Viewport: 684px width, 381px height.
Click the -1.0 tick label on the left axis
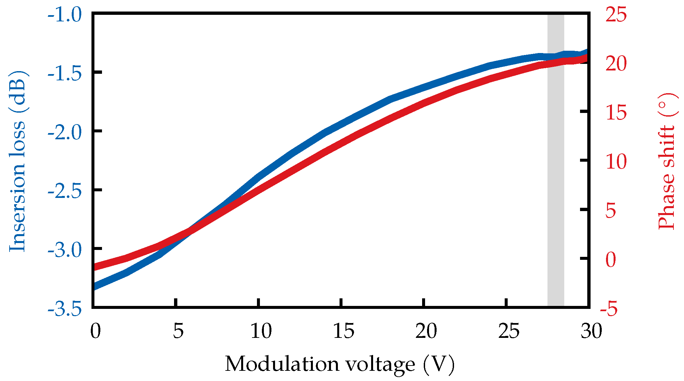click(x=64, y=15)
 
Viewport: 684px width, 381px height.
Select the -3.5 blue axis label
click(x=64, y=310)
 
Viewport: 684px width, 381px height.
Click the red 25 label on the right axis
click(x=616, y=14)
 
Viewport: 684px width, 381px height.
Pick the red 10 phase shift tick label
click(x=616, y=162)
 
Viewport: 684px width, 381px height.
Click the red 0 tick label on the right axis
click(x=611, y=259)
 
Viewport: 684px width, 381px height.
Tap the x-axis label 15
click(x=343, y=331)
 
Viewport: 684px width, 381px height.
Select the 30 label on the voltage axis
click(x=591, y=331)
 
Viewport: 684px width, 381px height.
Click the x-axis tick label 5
click(x=178, y=331)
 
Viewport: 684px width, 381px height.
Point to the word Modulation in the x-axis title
click(x=282, y=364)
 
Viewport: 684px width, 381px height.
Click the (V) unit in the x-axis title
click(x=439, y=364)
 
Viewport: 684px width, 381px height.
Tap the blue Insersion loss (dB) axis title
click(x=17, y=161)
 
